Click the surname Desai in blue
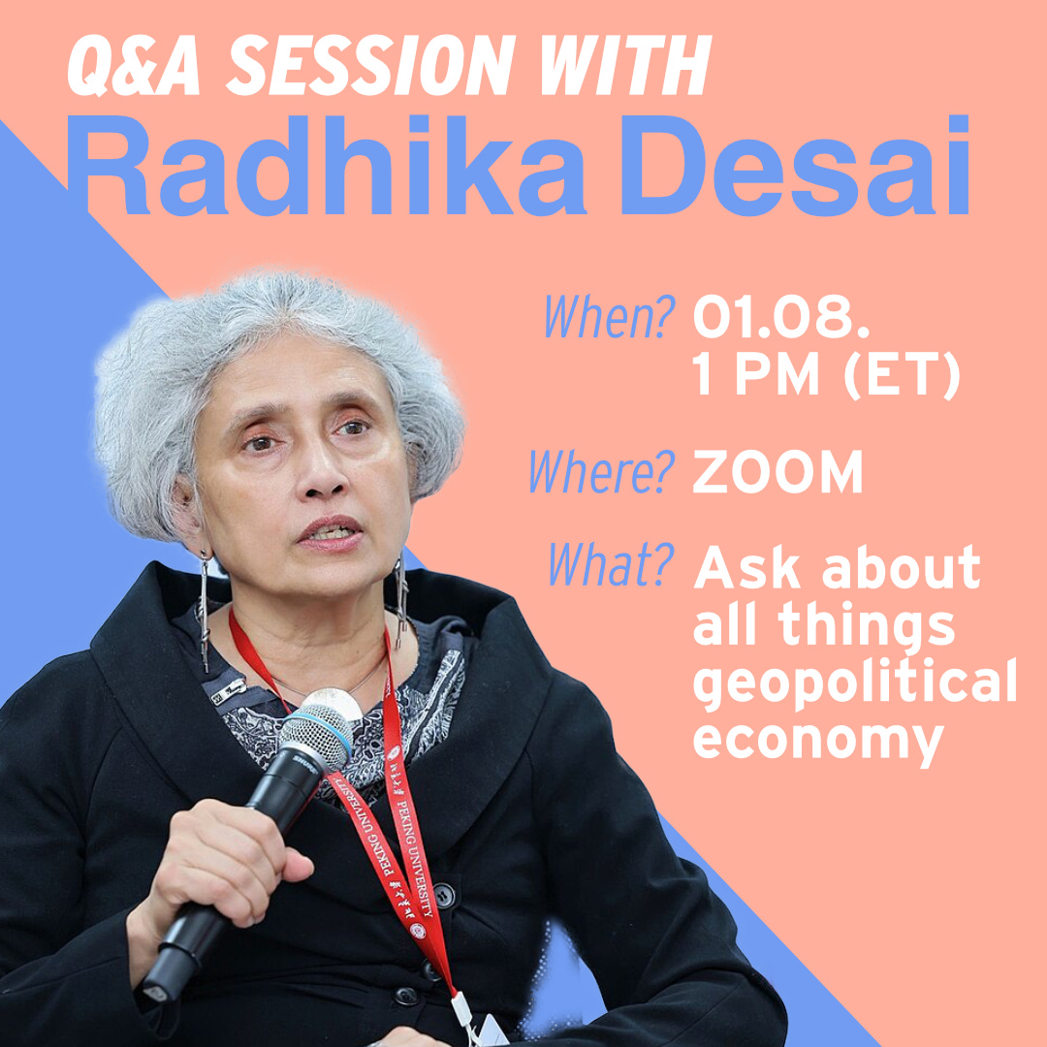coord(794,166)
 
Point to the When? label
coord(609,316)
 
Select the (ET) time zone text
coord(902,375)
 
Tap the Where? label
coord(602,471)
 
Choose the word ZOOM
coord(777,471)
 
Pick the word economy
coord(818,742)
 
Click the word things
coord(867,625)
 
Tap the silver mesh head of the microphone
coord(316,735)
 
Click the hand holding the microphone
coord(227,868)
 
